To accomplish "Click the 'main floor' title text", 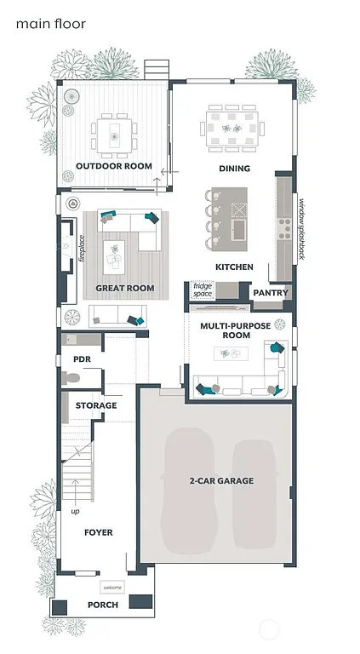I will click(x=50, y=25).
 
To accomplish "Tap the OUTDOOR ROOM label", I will click(x=113, y=166).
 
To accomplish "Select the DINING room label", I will click(x=234, y=169).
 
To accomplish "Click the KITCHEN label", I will click(x=234, y=267).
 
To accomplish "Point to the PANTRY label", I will click(x=271, y=293).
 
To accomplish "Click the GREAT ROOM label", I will click(x=125, y=289).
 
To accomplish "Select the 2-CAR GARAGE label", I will click(x=221, y=481).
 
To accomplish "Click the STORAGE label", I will click(x=96, y=405).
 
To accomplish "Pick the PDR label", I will click(x=83, y=359).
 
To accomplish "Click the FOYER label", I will click(x=98, y=532).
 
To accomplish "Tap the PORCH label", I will click(x=103, y=605).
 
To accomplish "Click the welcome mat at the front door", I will click(x=112, y=588).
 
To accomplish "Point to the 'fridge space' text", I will click(x=203, y=290).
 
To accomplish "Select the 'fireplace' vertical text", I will click(x=83, y=248).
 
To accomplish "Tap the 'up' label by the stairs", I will click(x=75, y=511).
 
